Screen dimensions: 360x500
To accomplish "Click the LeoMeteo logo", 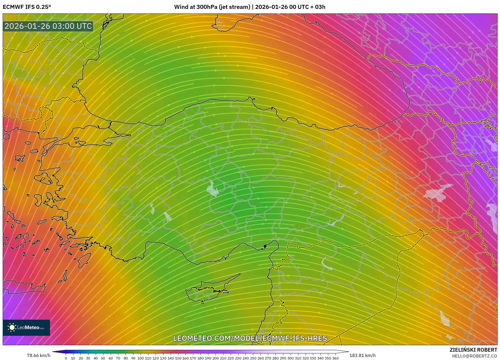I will [26, 327].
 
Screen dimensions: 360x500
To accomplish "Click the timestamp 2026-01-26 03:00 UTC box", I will [48, 26].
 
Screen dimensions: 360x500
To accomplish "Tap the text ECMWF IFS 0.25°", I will [27, 7].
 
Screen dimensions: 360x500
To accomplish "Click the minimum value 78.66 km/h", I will [38, 355].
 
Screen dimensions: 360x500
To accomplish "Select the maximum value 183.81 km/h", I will [362, 355].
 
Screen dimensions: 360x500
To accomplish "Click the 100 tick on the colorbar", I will [141, 358].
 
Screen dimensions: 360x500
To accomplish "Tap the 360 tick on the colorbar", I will [335, 358].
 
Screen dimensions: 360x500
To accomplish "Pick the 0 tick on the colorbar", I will [66, 358].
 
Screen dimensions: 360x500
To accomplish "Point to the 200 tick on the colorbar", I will [215, 358].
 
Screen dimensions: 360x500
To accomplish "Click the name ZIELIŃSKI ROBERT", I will [473, 350].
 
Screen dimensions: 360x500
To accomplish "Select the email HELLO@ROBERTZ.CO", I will [474, 356].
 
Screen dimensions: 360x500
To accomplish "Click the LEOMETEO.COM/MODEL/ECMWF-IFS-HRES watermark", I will [250, 338].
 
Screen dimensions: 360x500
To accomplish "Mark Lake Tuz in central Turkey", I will [212, 188].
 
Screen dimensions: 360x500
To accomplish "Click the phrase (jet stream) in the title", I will [234, 7].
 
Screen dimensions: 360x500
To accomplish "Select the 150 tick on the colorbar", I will [178, 358].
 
